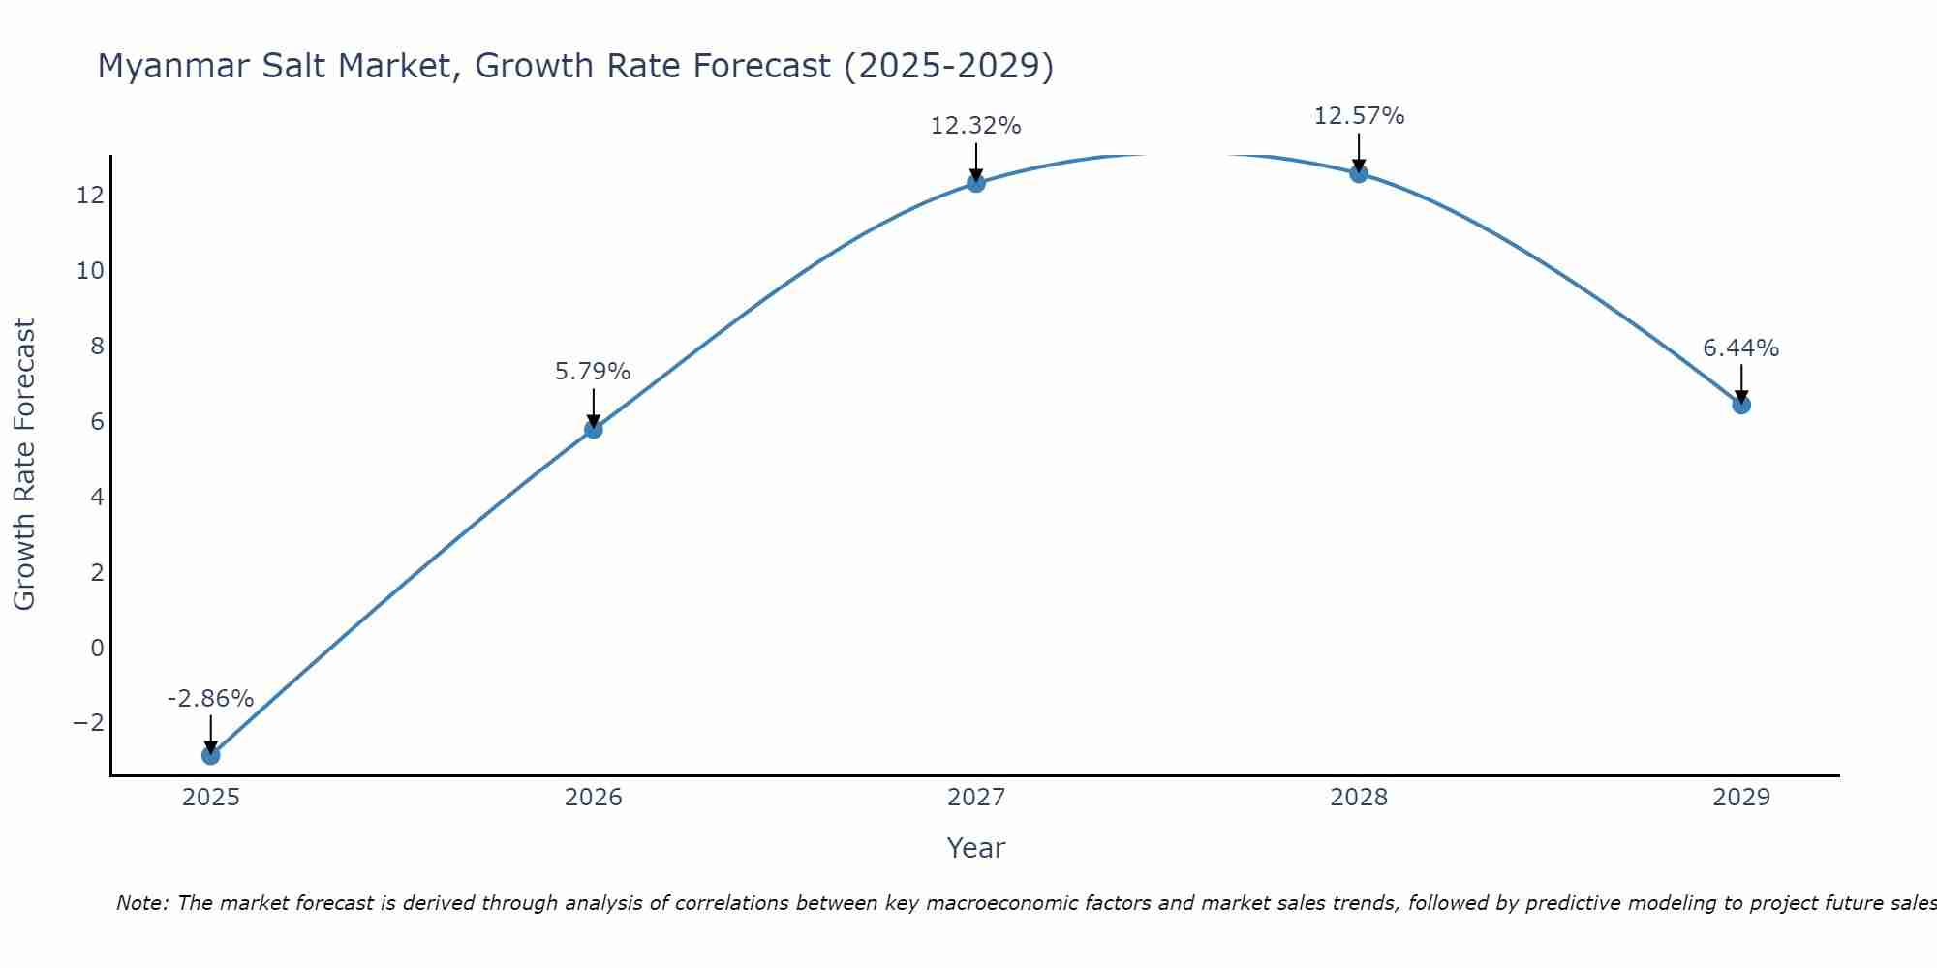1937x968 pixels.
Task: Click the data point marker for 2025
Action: point(211,755)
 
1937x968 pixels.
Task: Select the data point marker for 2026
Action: point(594,429)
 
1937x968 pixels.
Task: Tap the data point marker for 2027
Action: point(976,183)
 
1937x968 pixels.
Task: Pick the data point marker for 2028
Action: point(1359,173)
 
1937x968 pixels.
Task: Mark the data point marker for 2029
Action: point(1741,405)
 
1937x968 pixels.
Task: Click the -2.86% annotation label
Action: point(210,699)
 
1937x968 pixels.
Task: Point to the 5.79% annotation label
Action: point(593,372)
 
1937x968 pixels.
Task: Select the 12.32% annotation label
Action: point(975,126)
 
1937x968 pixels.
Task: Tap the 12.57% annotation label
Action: point(1359,116)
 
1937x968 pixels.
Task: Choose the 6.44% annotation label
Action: point(1740,348)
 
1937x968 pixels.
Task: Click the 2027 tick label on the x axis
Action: point(976,798)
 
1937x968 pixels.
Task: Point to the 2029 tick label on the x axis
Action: point(1741,798)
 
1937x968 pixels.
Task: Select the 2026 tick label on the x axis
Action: point(594,798)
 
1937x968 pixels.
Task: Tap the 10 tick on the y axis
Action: point(90,271)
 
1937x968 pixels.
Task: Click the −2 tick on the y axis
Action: point(88,723)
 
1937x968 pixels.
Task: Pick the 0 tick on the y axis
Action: point(97,648)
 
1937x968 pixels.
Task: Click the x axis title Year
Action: point(976,848)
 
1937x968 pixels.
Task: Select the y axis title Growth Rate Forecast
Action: point(24,465)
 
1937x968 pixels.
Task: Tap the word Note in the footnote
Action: point(141,903)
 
